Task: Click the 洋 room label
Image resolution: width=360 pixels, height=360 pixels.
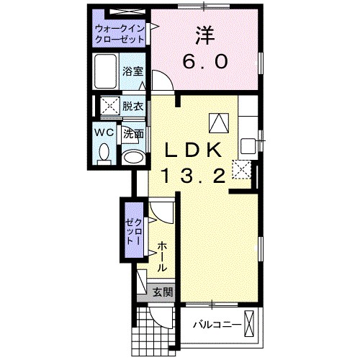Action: tap(204, 35)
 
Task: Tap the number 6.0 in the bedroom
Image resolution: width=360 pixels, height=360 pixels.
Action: tap(204, 61)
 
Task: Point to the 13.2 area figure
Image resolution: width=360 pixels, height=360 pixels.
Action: tap(194, 175)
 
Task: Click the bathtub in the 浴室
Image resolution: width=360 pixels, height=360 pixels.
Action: tap(105, 71)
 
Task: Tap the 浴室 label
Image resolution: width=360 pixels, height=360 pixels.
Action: tap(132, 71)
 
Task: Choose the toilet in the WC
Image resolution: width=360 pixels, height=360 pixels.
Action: tap(104, 154)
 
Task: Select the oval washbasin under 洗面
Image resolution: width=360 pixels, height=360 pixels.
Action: tap(133, 158)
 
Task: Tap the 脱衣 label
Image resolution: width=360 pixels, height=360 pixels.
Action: tap(132, 106)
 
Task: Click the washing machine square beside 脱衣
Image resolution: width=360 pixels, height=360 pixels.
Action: tap(109, 106)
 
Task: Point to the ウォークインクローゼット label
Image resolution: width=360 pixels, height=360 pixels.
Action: tap(120, 34)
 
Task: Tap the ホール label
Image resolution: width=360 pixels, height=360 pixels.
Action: tap(163, 256)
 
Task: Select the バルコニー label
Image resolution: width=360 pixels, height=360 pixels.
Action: tap(217, 325)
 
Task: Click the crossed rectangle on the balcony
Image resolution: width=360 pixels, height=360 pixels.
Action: tap(249, 324)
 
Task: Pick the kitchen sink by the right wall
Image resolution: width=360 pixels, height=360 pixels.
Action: tap(248, 146)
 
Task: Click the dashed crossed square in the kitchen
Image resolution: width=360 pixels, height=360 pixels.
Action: tap(241, 169)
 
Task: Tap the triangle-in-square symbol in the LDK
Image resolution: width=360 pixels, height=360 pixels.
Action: tap(219, 123)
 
